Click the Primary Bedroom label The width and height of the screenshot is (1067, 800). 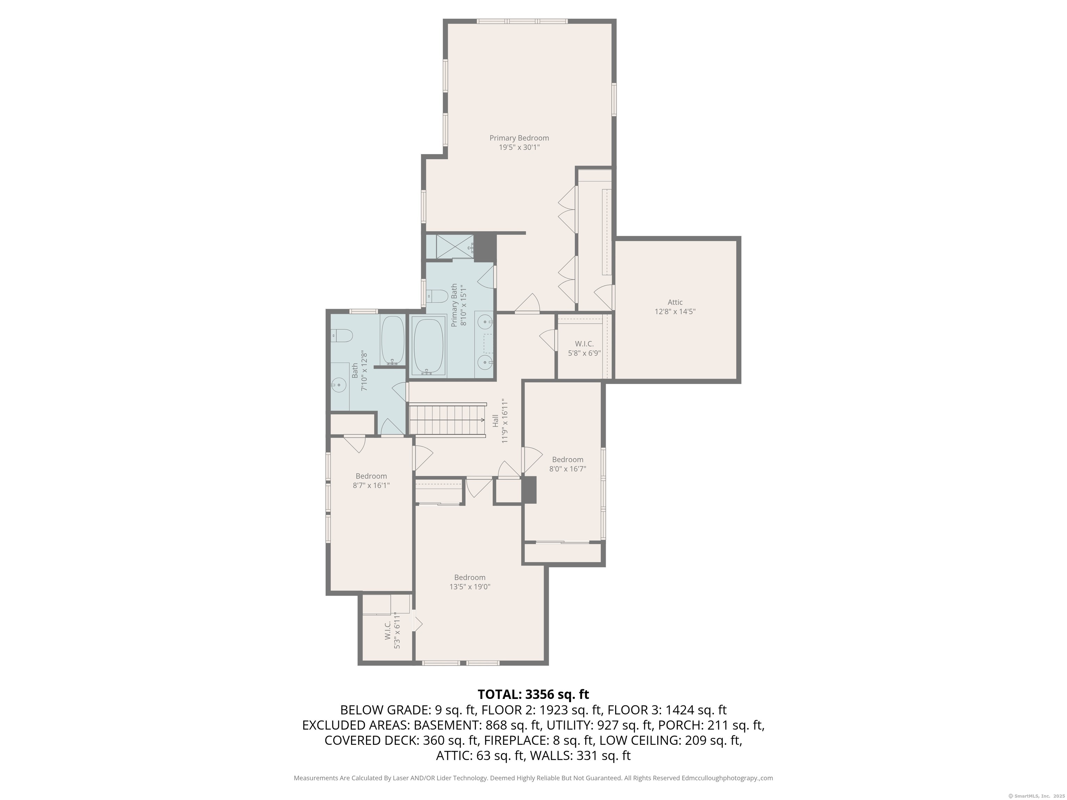tap(519, 138)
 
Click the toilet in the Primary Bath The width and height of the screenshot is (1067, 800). tap(437, 295)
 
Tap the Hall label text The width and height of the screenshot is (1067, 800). tap(495, 420)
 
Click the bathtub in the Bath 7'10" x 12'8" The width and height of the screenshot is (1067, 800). tap(392, 340)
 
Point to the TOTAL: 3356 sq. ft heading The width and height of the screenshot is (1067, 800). tap(533, 694)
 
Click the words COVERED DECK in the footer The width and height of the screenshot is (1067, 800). tap(371, 740)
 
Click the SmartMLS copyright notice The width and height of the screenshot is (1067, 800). tap(1036, 796)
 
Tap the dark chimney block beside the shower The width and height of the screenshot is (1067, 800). tap(485, 247)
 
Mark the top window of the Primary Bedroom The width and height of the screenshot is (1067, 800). tap(522, 21)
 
